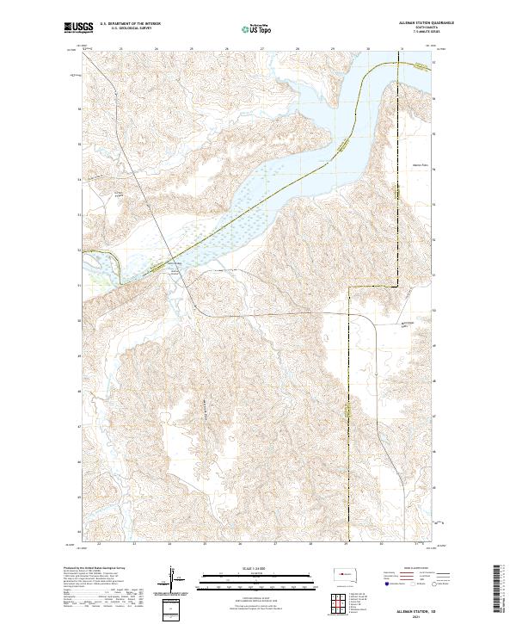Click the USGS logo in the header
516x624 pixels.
[79, 28]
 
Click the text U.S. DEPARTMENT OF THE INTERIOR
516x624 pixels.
[130, 24]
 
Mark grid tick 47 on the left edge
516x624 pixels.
[79, 426]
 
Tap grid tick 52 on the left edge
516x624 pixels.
[79, 250]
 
